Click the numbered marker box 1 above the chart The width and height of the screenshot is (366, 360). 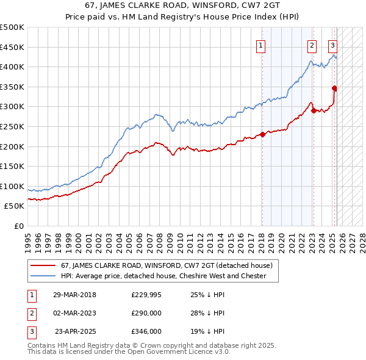click(x=260, y=45)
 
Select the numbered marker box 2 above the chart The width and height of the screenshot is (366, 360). click(x=312, y=45)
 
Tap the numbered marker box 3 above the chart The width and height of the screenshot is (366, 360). click(x=332, y=45)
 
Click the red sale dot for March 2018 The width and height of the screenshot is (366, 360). click(x=262, y=134)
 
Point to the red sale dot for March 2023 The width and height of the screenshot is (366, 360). click(x=313, y=110)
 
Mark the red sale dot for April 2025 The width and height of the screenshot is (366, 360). click(x=335, y=88)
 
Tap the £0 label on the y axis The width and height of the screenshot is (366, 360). click(x=18, y=226)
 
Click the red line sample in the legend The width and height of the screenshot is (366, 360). click(x=43, y=265)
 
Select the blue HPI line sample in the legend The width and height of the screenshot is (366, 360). click(x=43, y=276)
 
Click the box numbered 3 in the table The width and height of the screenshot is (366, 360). click(x=30, y=331)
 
